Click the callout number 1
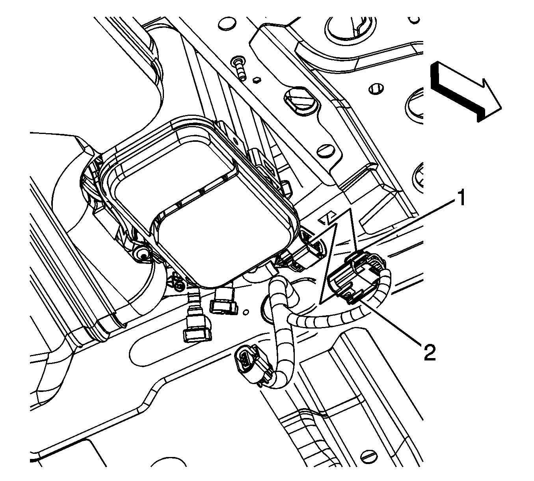[x=460, y=197]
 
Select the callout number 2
[x=430, y=352]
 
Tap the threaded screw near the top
[x=240, y=67]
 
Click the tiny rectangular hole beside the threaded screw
[x=257, y=80]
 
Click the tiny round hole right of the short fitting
[x=246, y=312]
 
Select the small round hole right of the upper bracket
[x=376, y=89]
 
